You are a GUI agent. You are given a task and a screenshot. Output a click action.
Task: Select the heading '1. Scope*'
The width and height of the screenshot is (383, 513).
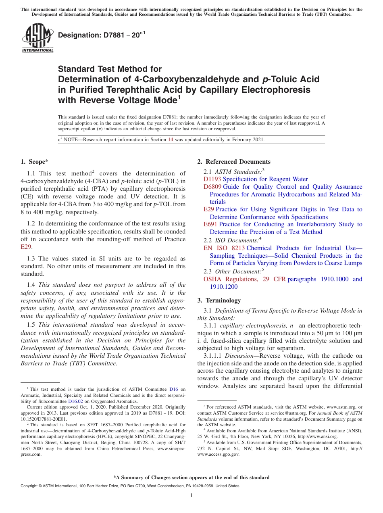click(x=34, y=162)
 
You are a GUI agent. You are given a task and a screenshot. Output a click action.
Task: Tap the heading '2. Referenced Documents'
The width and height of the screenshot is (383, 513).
click(x=234, y=162)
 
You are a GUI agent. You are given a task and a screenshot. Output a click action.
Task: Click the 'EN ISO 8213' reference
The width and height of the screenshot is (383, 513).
click(x=224, y=248)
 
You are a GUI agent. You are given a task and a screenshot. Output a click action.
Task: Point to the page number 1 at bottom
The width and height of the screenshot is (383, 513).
click(x=191, y=496)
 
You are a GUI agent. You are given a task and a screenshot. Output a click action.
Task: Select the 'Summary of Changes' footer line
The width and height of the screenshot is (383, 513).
click(x=191, y=478)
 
